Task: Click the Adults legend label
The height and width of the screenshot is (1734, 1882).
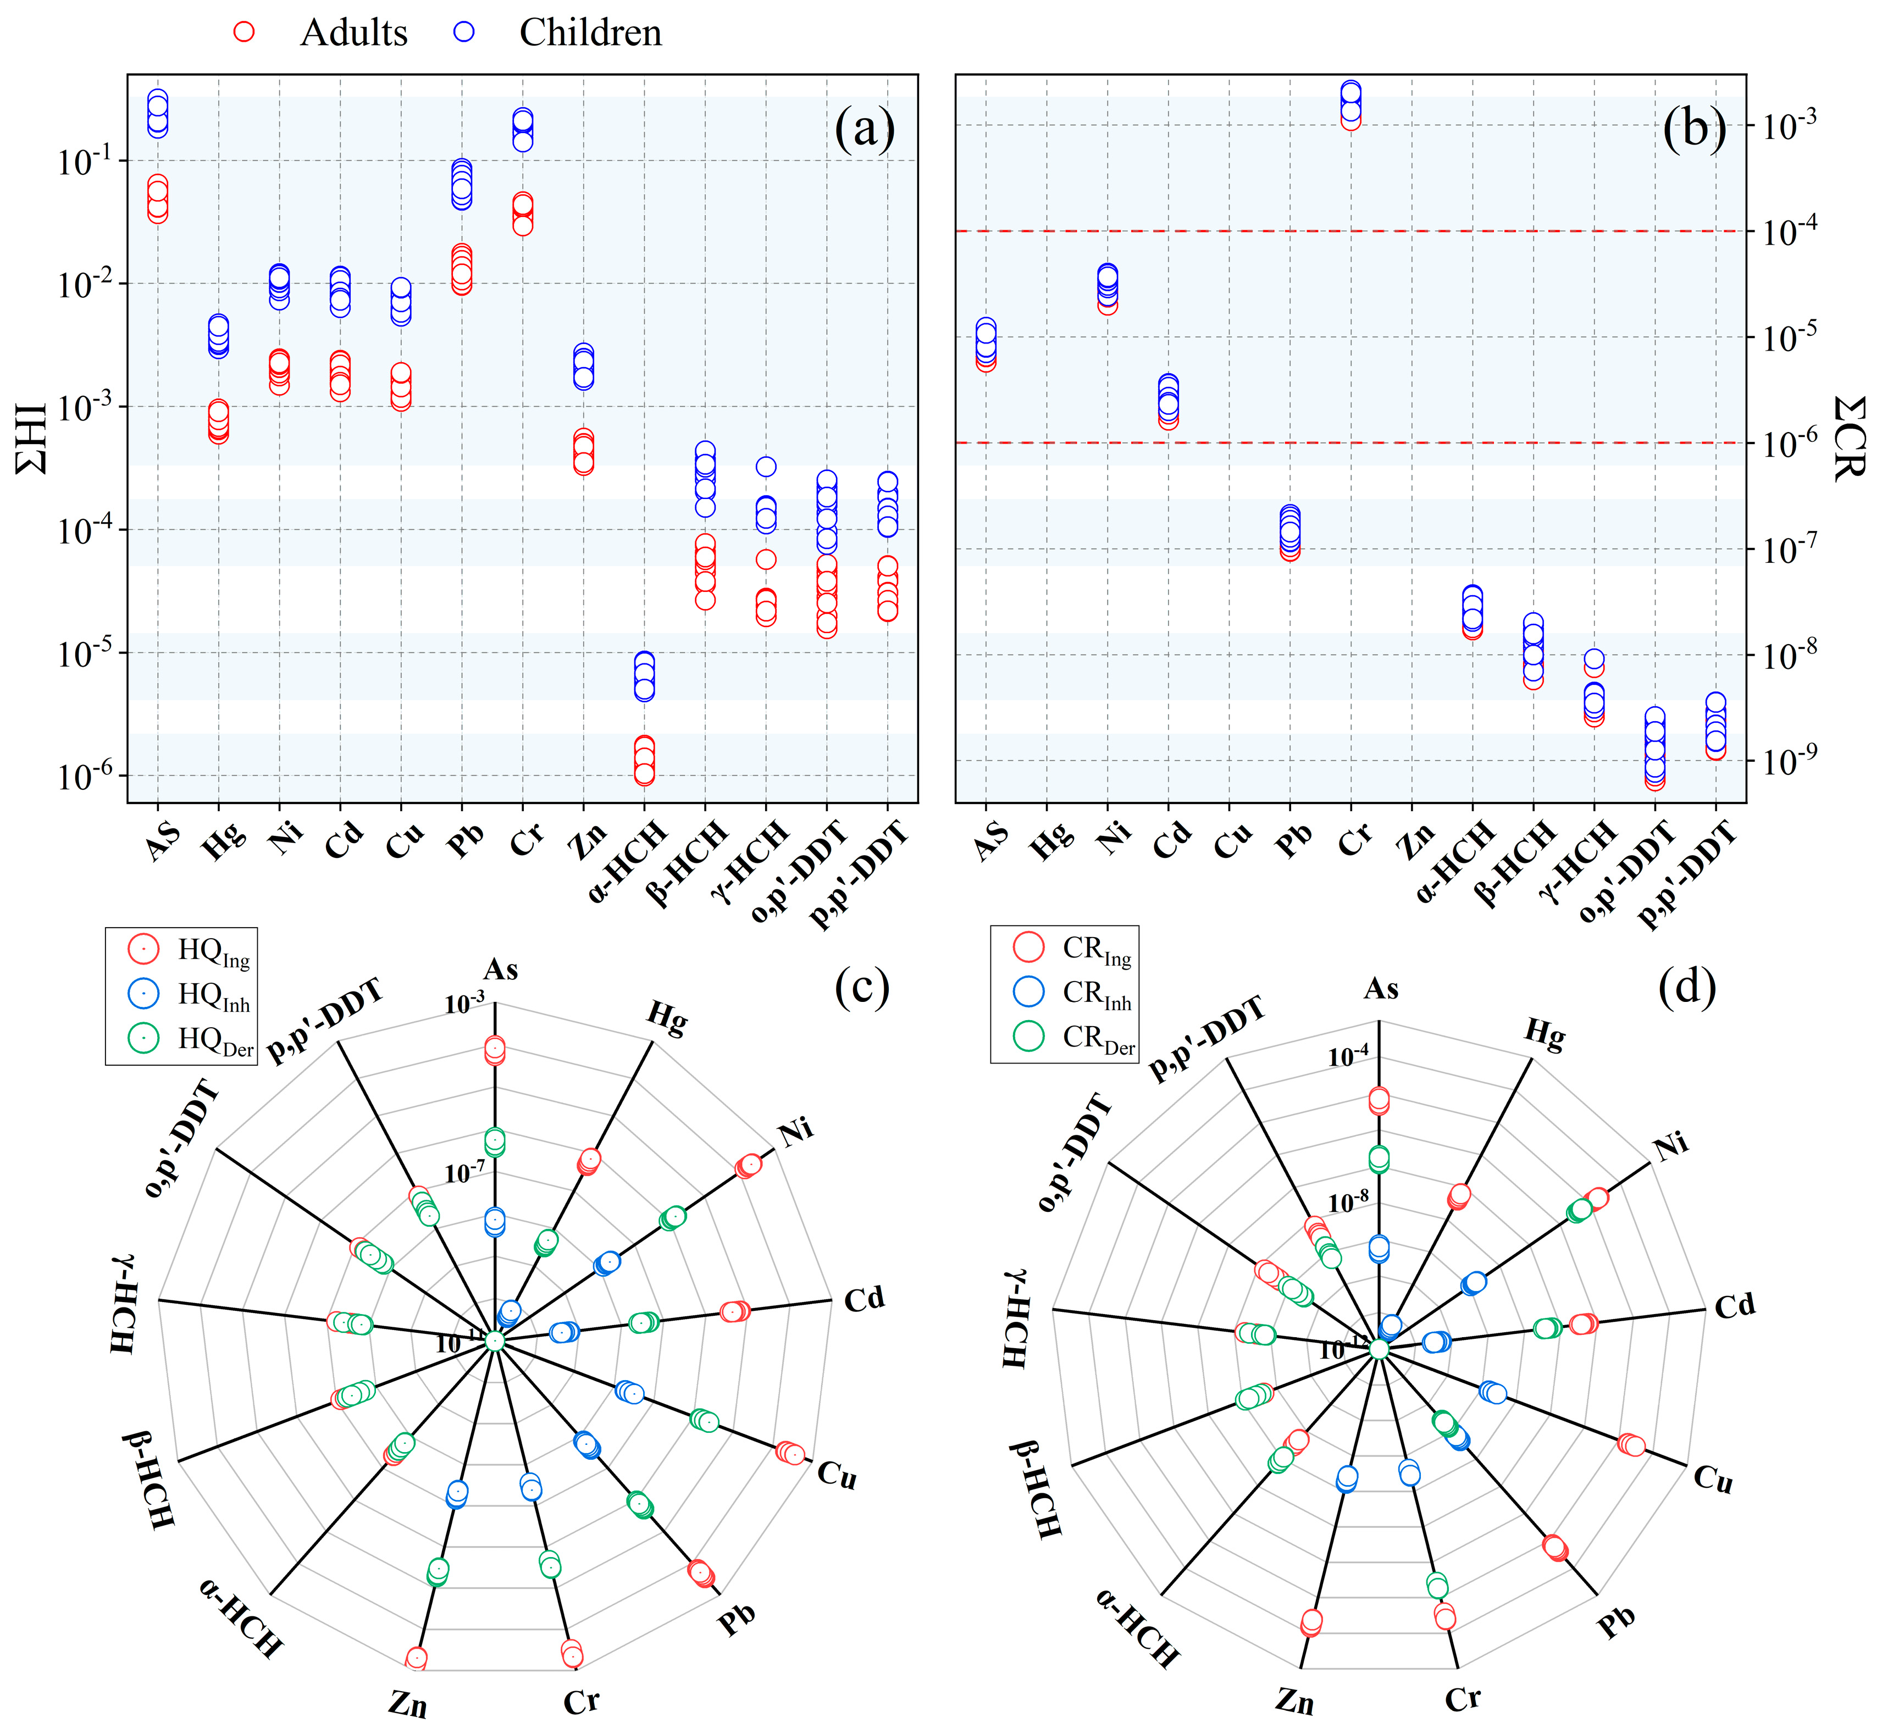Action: pos(353,33)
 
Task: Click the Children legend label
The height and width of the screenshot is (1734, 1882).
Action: pos(590,33)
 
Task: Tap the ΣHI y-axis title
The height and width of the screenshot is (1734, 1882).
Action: pos(31,438)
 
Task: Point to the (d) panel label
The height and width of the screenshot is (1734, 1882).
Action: pos(1687,987)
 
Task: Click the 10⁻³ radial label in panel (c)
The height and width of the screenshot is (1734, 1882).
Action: pos(464,1004)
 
